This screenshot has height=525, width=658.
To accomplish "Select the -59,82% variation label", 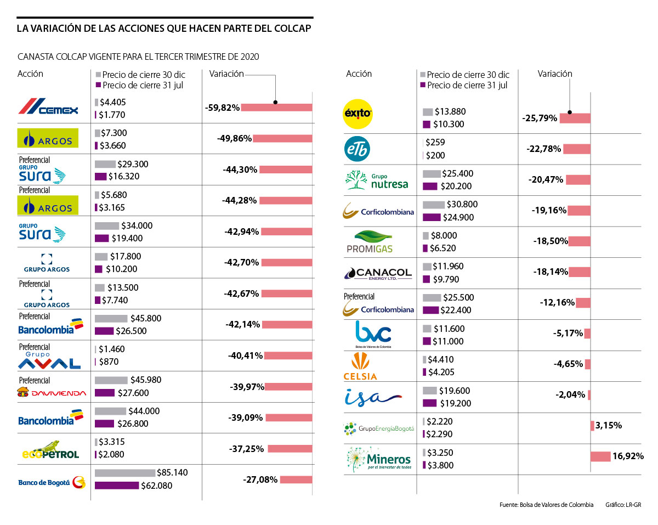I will [222, 108].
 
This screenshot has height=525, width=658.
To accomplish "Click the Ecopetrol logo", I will [51, 450].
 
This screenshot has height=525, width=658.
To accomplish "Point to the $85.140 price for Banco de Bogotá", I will [172, 473].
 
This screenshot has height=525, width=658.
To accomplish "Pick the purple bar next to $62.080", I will [117, 486].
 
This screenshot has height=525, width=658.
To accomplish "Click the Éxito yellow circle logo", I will [358, 114].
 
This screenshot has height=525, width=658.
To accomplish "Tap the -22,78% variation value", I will [544, 149].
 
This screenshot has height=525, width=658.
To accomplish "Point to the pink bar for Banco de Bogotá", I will [296, 479].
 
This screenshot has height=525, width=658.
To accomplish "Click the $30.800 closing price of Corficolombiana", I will [462, 204].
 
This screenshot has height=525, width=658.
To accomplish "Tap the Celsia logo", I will [360, 367].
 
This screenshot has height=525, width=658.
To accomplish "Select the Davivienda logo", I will [52, 392].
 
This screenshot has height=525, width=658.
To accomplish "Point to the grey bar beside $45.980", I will [111, 380].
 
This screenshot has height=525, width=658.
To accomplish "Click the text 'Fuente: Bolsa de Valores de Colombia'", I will [546, 505].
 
